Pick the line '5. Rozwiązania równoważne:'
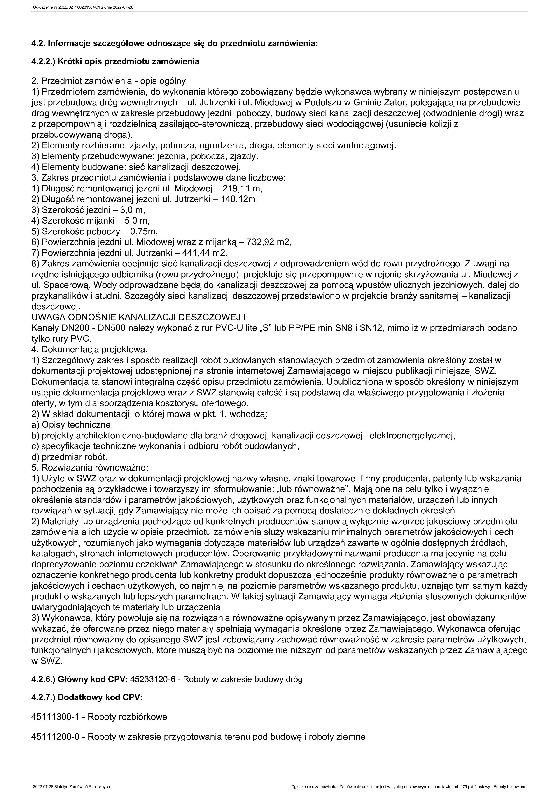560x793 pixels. [x=90, y=468]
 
